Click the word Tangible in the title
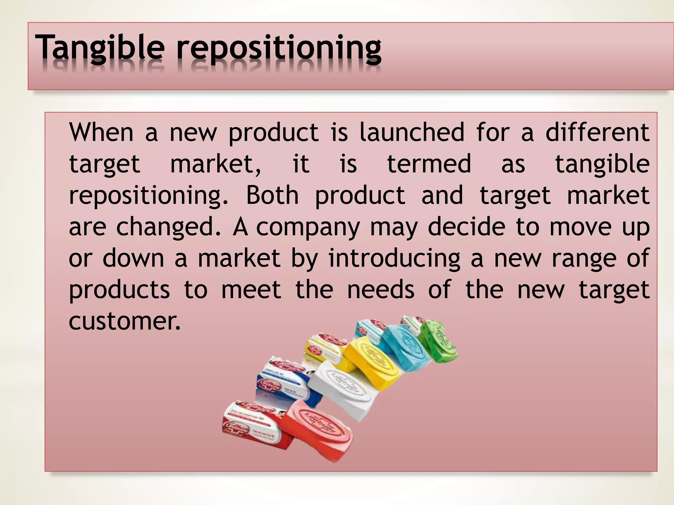100,49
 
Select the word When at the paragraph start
101,132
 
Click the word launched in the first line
412,132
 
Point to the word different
597,132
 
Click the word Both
272,195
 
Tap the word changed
168,227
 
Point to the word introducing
394,258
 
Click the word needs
381,290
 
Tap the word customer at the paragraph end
125,322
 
